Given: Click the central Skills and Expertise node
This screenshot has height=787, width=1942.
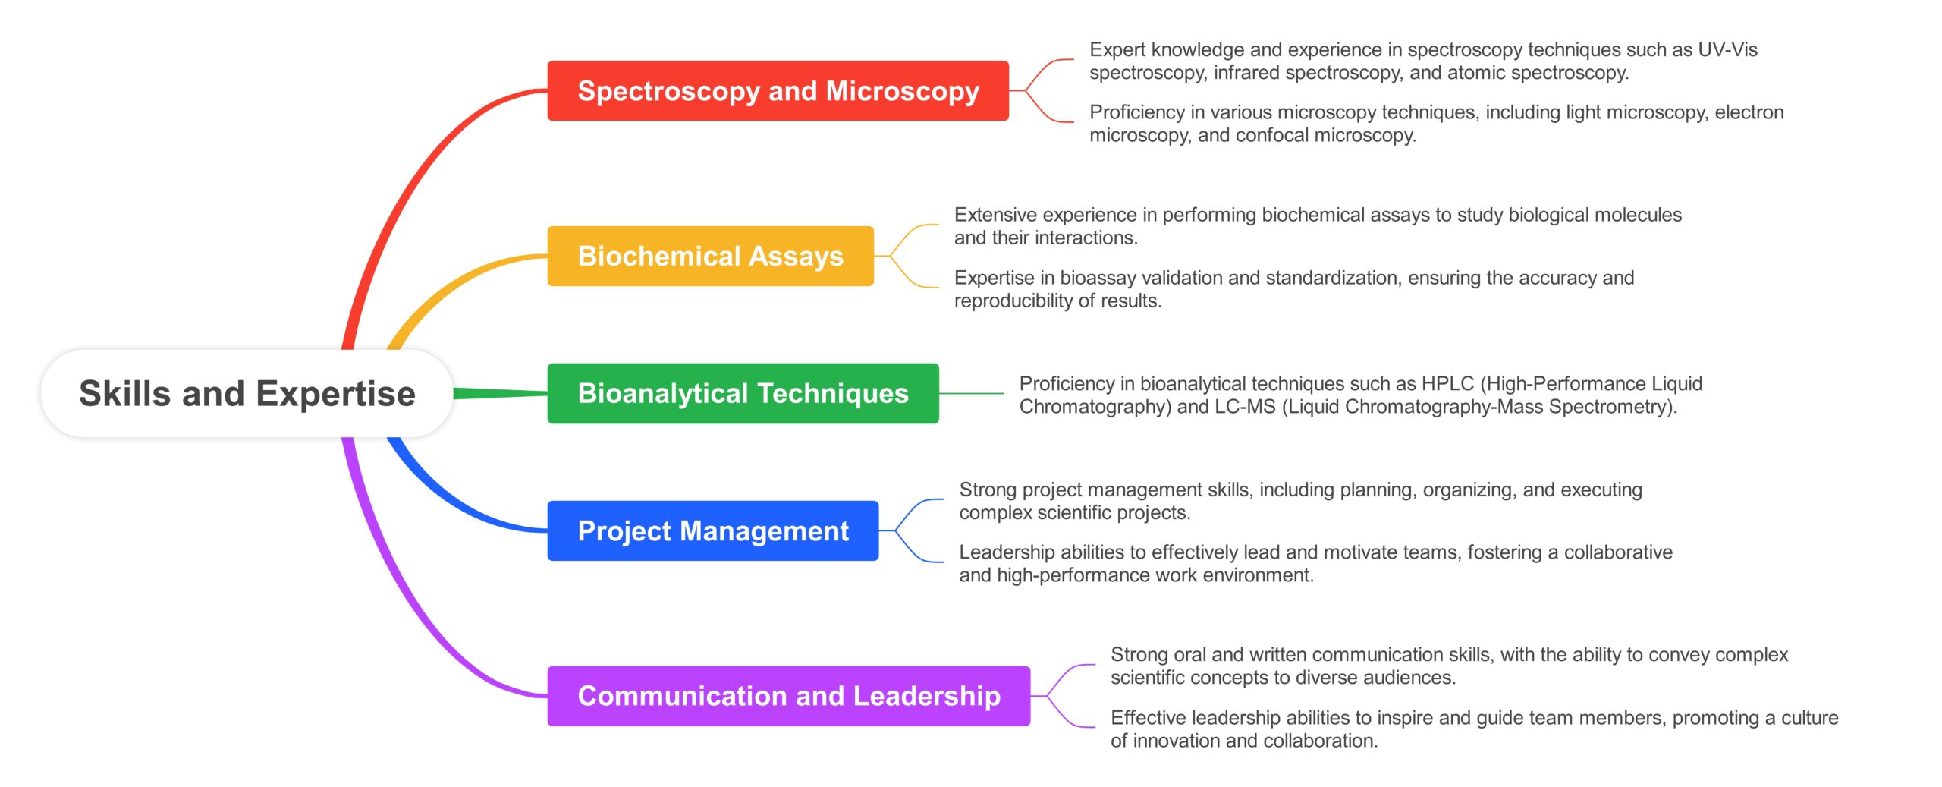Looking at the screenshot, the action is coord(247,393).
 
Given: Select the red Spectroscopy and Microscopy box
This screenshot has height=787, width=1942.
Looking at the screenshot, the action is coord(778,91).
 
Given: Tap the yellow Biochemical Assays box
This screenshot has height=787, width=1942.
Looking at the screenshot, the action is coord(711,256).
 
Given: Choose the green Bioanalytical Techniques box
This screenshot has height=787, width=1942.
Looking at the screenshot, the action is coord(743,393).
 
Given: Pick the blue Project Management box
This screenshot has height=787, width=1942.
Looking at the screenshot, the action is coord(713,530).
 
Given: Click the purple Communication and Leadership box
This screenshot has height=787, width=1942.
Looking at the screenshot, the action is coord(789,696).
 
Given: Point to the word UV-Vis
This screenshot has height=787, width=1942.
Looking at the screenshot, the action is coord(1727,49).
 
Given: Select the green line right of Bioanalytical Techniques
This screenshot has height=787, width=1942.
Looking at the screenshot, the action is coord(972,393).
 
